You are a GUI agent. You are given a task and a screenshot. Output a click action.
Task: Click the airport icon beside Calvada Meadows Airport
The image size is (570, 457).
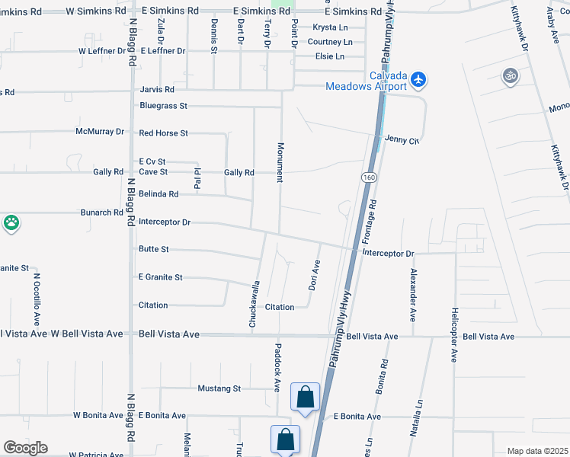pos(418,78)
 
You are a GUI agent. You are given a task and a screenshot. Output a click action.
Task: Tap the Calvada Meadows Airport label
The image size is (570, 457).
pos(367,81)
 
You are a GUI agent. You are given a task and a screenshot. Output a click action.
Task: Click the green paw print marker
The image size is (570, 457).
pos(11,223)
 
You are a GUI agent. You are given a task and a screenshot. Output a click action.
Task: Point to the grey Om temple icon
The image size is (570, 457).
pos(510,75)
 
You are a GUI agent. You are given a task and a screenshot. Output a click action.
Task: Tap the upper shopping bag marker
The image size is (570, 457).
pos(305,397)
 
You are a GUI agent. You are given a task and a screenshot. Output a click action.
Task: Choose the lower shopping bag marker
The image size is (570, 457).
pos(285,439)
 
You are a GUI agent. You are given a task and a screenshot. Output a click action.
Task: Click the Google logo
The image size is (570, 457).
pos(25,448)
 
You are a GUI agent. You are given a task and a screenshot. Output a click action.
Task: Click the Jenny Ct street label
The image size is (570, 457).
pos(402,140)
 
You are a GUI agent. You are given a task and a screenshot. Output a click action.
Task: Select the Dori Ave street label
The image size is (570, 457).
pos(314,276)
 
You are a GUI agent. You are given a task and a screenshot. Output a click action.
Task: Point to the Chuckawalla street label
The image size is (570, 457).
pos(256,305)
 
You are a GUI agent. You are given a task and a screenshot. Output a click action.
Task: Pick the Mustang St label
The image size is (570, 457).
pos(219,388)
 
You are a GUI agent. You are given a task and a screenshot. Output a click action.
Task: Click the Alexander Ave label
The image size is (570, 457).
pos(414,294)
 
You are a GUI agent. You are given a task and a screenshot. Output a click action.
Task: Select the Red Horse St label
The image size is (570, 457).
pos(163,133)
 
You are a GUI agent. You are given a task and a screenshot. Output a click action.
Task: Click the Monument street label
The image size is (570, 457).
pos(280,162)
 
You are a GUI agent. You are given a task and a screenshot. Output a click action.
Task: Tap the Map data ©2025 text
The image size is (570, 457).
pos(536,451)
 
